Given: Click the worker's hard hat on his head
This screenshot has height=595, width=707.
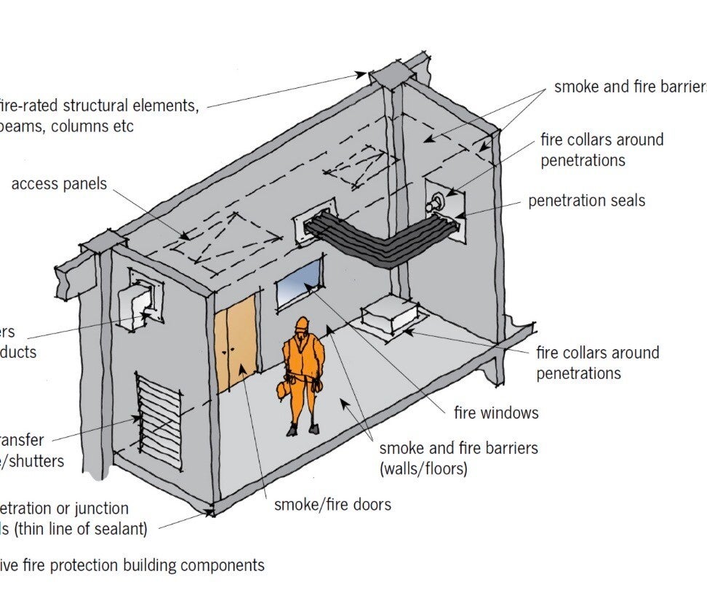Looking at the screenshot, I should tap(300, 324).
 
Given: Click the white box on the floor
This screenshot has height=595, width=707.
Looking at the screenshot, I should tap(390, 316).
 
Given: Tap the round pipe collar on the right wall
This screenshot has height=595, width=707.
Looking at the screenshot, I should tap(439, 203).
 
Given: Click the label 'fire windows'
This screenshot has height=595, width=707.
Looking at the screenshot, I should tap(496, 413).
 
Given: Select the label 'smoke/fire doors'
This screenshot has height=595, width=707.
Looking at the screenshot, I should tap(332, 504).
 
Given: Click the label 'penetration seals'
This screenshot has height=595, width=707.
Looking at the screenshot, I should tap(586, 200).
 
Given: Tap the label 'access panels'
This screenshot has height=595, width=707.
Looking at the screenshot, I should tap(59, 183).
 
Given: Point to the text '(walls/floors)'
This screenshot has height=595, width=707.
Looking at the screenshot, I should tap(423, 468).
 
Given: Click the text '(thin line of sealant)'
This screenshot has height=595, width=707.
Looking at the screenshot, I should tap(73, 529).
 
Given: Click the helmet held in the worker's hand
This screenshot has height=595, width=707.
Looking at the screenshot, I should tap(282, 390).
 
